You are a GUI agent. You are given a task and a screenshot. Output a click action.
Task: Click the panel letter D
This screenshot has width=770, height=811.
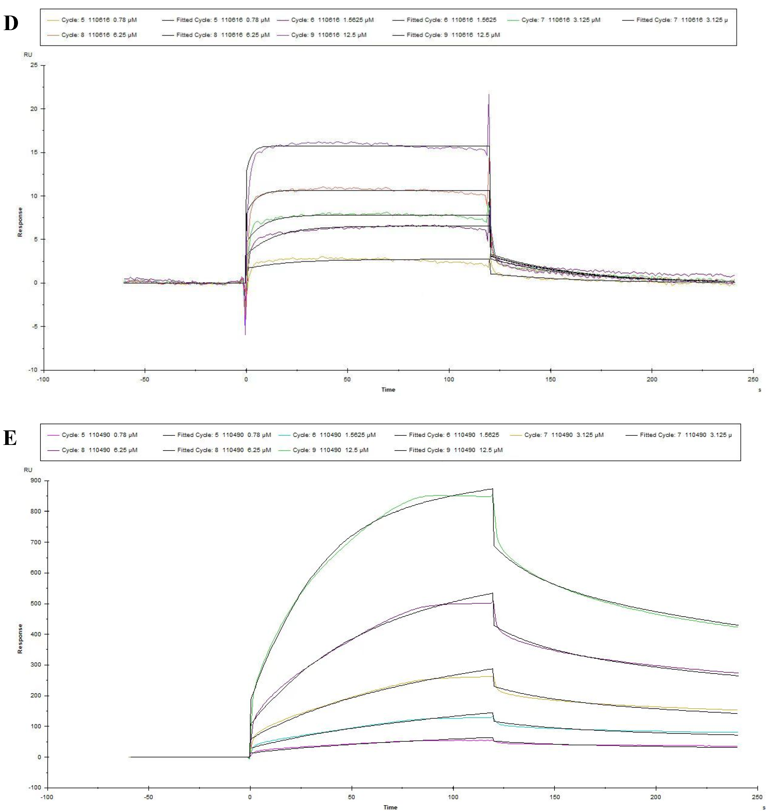pos(11,23)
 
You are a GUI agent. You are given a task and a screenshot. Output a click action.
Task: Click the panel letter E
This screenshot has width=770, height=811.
pos(10,438)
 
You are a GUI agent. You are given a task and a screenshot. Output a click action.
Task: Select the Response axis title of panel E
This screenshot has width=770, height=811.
pos(20,639)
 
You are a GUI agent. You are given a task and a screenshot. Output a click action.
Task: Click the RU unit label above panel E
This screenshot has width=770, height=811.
pos(28,470)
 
